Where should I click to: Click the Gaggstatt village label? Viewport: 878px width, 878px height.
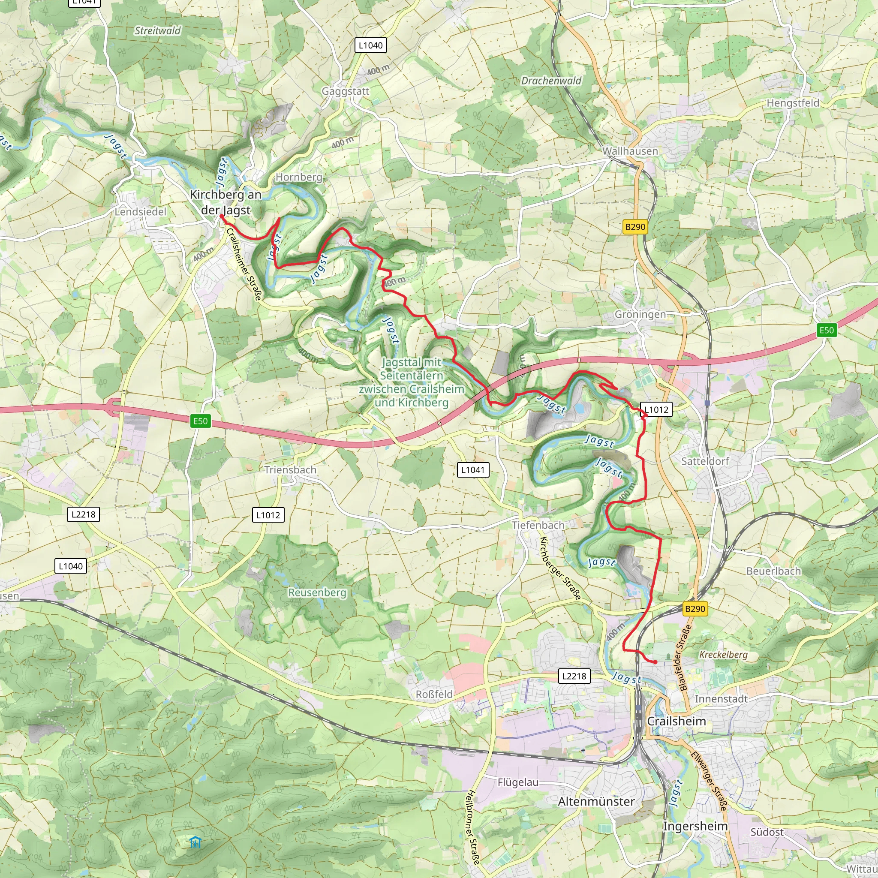[346, 91]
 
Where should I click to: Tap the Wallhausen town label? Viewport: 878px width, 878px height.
[630, 151]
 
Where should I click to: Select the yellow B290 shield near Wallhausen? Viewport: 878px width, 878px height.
[635, 227]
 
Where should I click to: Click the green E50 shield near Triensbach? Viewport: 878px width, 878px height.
[200, 421]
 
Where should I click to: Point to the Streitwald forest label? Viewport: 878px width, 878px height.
[158, 31]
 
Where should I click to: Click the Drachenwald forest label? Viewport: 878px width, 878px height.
[551, 81]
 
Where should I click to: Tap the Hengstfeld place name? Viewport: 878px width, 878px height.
[793, 103]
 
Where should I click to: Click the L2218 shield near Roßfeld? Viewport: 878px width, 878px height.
[574, 676]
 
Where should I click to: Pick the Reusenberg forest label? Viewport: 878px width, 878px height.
[317, 592]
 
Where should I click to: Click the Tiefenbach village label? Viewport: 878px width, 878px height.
[538, 525]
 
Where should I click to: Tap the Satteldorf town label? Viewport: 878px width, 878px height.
[705, 461]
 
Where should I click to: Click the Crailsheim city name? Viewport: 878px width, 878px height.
[676, 721]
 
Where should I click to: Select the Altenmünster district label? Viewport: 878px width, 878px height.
[596, 802]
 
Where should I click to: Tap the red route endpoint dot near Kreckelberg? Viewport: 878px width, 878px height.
[655, 662]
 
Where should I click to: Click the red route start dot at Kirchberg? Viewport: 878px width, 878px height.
[221, 216]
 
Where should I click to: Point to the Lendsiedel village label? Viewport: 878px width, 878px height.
[141, 212]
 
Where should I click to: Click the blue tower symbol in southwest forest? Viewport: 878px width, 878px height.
[195, 842]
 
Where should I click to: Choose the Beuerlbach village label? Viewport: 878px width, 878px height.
[773, 571]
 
